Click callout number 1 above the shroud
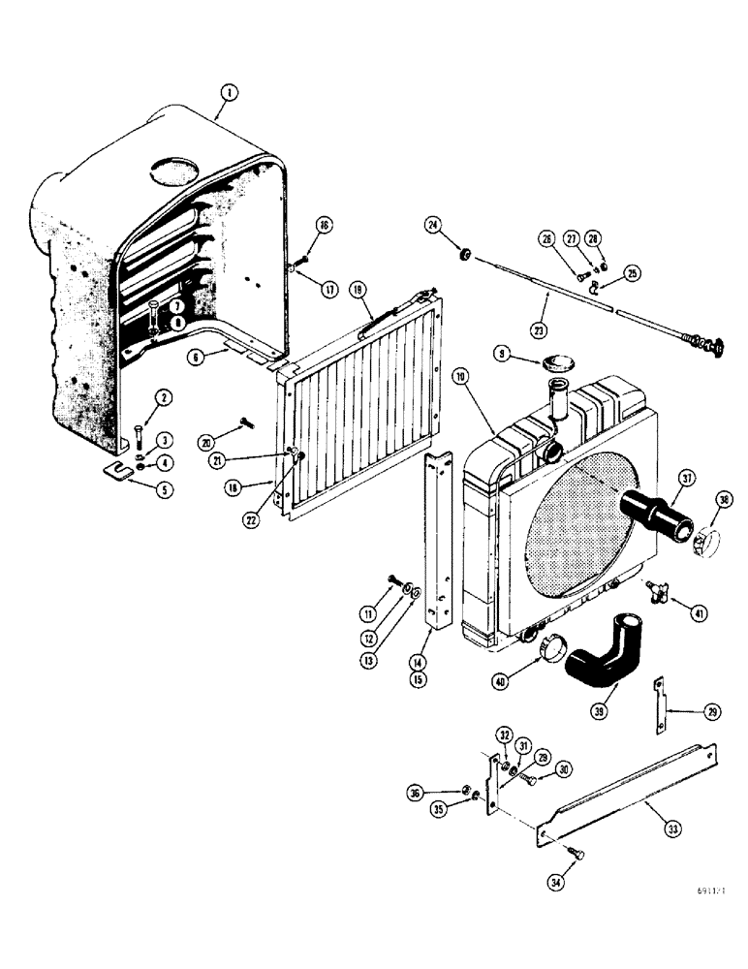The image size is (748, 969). [228, 93]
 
